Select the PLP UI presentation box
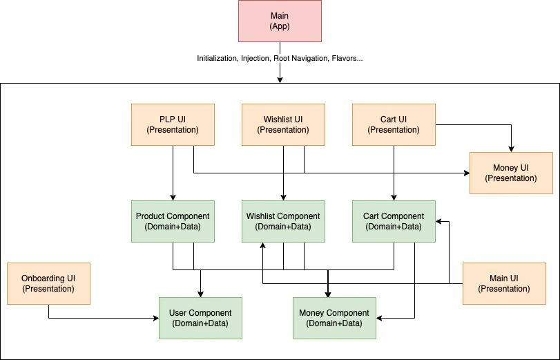173,124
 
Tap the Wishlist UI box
283,124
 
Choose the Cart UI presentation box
394,124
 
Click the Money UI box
511,173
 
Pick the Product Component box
173,221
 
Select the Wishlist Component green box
283,221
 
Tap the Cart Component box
394,221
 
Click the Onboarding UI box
48,283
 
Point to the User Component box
200,318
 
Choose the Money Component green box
334,318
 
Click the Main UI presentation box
504,283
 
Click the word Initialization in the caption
217,59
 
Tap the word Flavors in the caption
345,59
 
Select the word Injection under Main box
255,59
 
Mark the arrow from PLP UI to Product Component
173,173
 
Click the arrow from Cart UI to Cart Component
394,173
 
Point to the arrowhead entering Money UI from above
511,148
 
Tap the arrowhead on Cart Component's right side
439,221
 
